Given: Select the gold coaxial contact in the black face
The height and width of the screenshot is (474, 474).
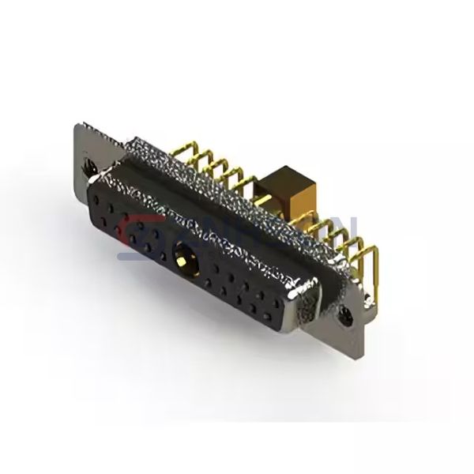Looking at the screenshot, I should pos(181,257).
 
